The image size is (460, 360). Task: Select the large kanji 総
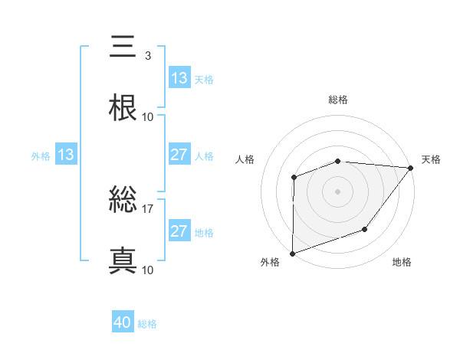tap(123, 201)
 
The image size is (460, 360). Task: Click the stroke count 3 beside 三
tap(147, 56)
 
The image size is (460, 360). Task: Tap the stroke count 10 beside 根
tap(148, 117)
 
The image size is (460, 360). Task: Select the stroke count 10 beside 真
tap(148, 270)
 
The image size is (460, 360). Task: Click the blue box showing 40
tap(123, 323)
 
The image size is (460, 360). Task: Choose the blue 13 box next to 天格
tap(179, 78)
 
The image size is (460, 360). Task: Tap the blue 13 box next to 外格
tap(66, 155)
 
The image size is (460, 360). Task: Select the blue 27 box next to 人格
tap(179, 155)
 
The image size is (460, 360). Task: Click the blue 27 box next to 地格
tap(179, 231)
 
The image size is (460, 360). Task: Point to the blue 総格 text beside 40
tap(147, 324)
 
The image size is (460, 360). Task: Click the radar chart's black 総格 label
tap(338, 100)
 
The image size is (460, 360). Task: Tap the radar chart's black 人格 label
tap(246, 159)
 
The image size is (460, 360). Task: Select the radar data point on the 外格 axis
tap(293, 253)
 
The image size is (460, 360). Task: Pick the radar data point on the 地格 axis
tap(365, 229)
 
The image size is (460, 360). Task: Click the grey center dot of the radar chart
tap(338, 191)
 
